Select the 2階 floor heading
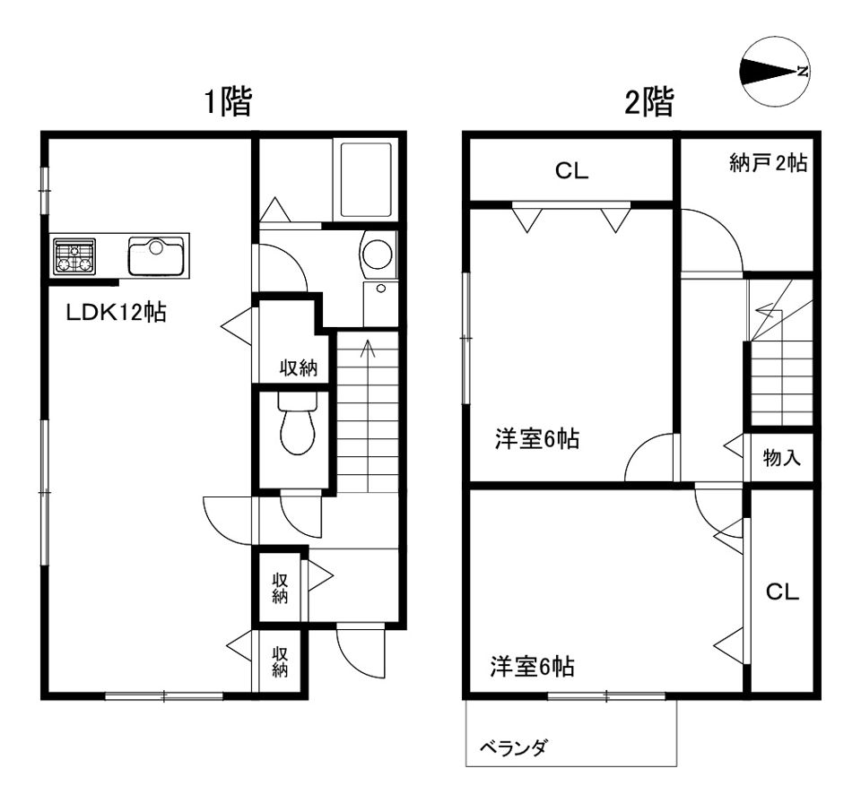[648, 103]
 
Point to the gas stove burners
[74, 255]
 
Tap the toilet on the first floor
[297, 427]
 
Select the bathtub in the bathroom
[366, 179]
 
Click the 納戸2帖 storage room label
[768, 163]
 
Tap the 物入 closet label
[782, 459]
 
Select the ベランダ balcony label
[513, 747]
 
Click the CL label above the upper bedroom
[571, 173]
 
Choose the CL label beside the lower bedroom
[782, 592]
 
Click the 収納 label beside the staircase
[299, 367]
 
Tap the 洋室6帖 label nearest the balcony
[532, 667]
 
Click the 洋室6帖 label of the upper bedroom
[536, 440]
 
